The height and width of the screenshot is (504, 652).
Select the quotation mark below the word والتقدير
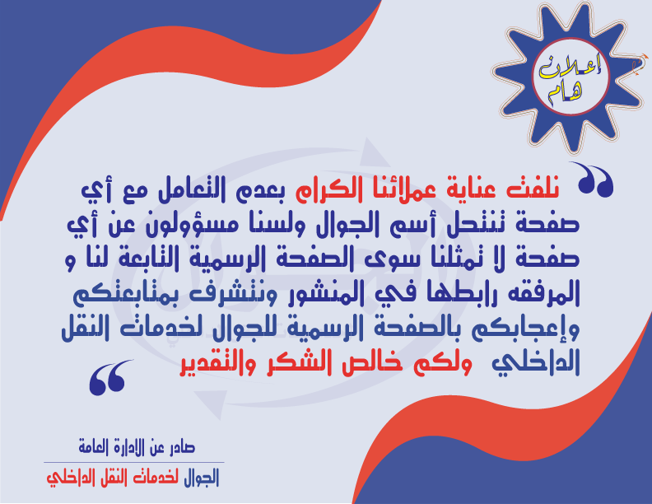click(109, 377)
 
